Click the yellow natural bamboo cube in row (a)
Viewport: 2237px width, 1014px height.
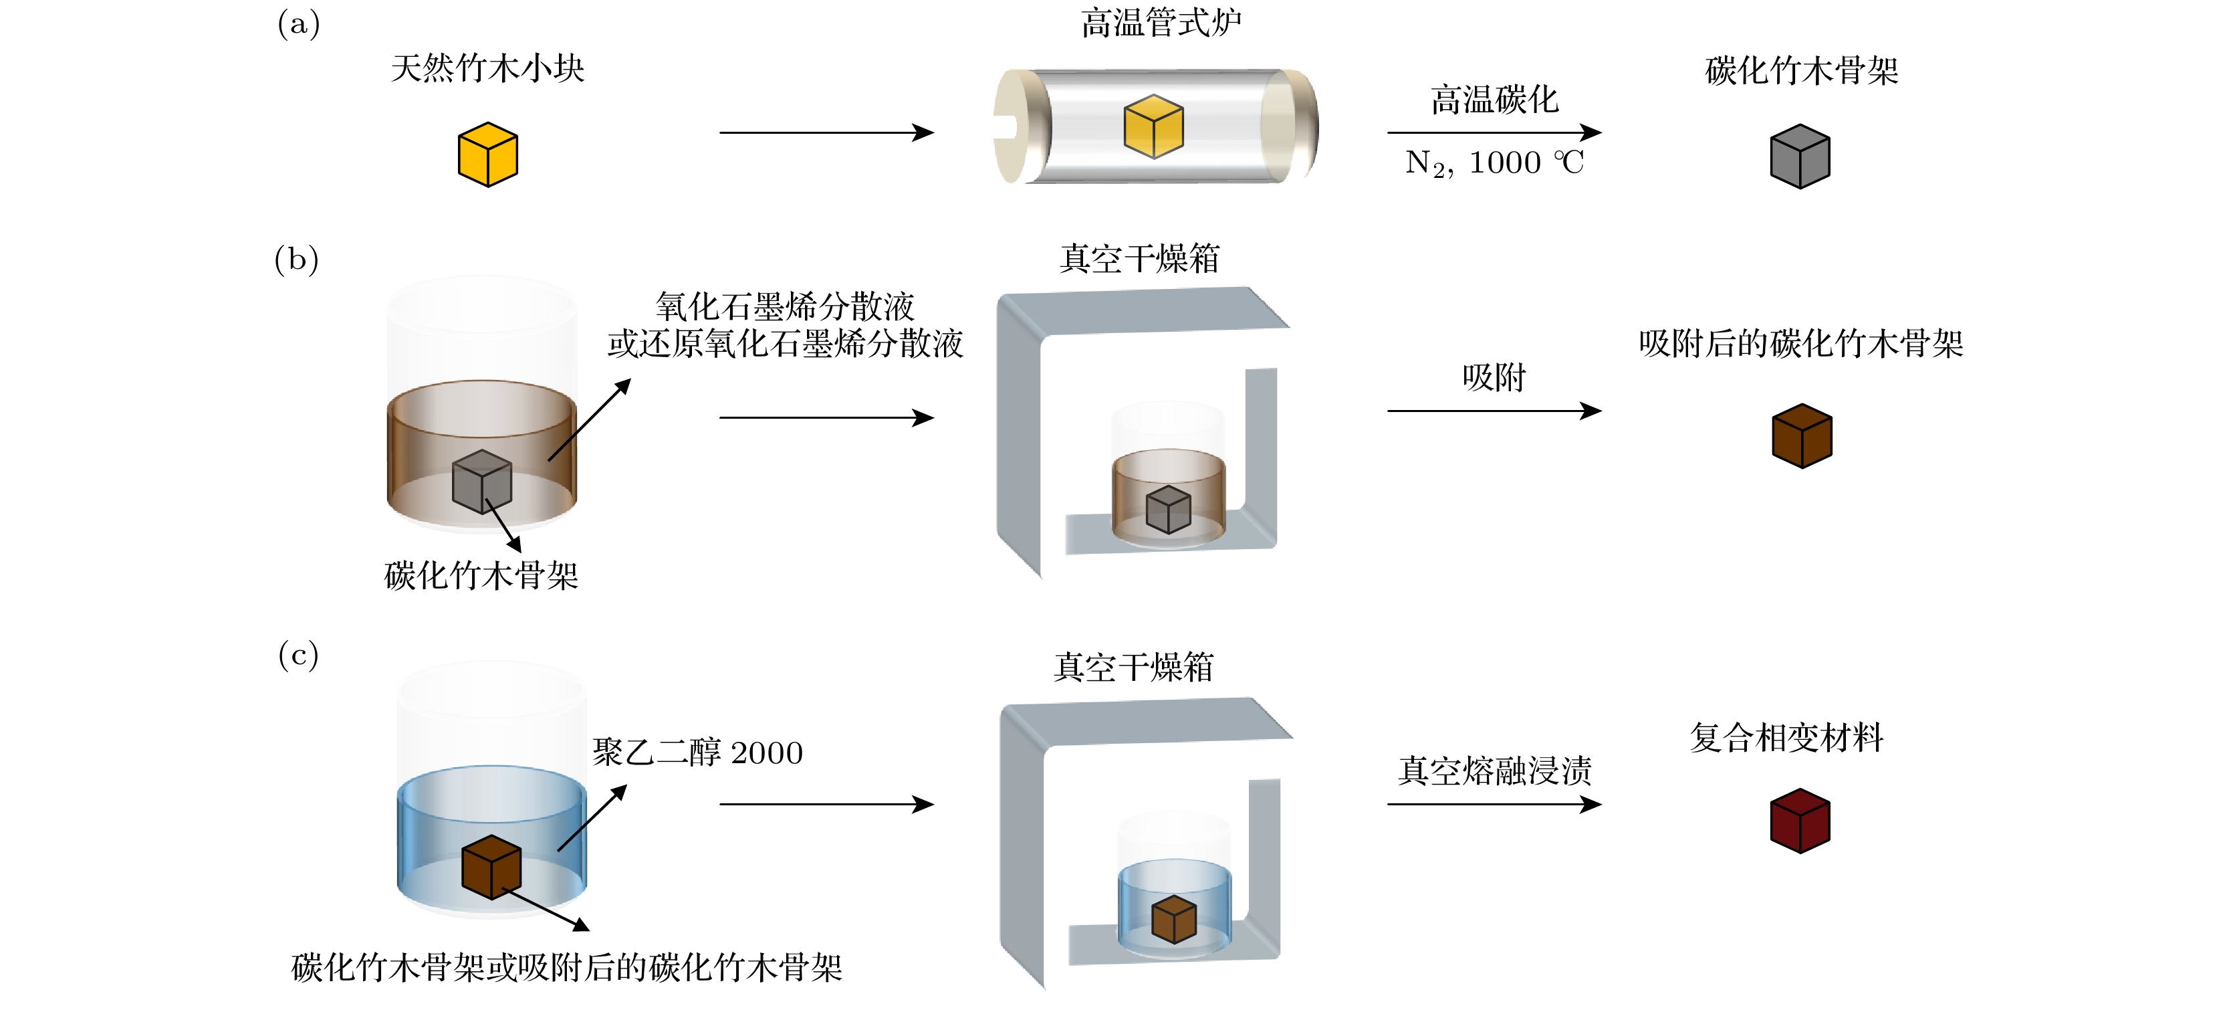coord(487,155)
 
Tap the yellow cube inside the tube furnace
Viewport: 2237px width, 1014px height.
coord(1153,127)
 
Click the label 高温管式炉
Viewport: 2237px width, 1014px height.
coord(1161,23)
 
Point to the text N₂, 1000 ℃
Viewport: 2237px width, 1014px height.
coord(1494,163)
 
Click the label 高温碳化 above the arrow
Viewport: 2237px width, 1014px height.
coord(1494,100)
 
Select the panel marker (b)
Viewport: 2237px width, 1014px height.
coord(297,259)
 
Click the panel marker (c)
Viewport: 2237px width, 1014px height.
coord(298,654)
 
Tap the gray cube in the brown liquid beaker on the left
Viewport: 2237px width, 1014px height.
coord(482,482)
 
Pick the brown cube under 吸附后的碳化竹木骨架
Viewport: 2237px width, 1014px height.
coord(1802,436)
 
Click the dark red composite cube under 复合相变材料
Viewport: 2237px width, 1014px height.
coord(1800,821)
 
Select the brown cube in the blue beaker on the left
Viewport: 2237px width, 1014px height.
coord(491,866)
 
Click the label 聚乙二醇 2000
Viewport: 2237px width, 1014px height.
coord(697,752)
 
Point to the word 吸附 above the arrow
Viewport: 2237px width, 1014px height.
coord(1494,378)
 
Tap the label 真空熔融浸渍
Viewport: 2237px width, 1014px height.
coord(1494,771)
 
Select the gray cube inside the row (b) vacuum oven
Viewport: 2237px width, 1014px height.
coord(1168,509)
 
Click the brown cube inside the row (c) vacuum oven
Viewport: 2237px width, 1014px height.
coord(1174,919)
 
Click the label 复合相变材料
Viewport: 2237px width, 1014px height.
coord(1786,738)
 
